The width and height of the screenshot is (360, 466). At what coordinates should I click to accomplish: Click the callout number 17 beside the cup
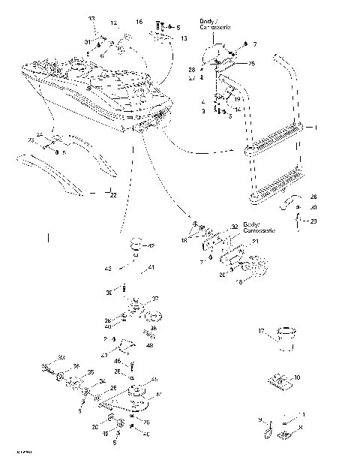[x=261, y=331]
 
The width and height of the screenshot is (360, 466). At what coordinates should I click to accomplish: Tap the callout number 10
[x=298, y=377]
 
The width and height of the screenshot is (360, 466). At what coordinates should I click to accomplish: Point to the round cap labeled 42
[x=136, y=244]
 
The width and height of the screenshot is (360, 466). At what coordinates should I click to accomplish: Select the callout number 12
[x=114, y=23]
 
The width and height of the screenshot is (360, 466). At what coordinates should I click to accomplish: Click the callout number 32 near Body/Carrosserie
[x=234, y=226]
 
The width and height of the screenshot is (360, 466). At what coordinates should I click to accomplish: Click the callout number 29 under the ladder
[x=313, y=221]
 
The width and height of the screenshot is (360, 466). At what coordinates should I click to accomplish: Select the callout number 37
[x=156, y=298]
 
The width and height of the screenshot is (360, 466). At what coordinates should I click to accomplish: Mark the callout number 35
[x=91, y=372]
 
